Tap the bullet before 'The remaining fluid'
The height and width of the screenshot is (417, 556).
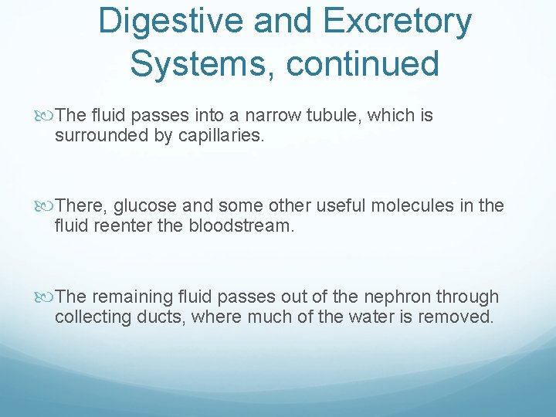pyautogui.click(x=48, y=297)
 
